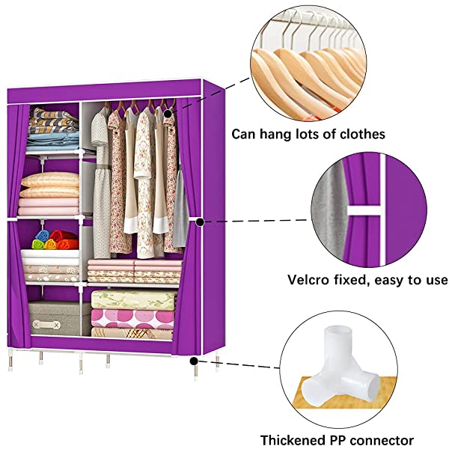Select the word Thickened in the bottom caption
[x=292, y=440]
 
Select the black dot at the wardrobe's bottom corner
[x=195, y=359]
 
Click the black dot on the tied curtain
[x=201, y=222]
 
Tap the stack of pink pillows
[x=49, y=192]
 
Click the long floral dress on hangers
[x=120, y=180]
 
